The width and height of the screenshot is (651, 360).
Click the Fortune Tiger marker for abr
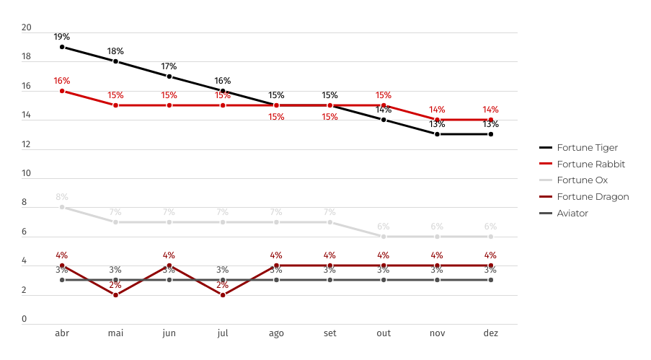62,47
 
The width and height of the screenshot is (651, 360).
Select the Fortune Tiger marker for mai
115,61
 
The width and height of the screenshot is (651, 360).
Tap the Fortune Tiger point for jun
169,76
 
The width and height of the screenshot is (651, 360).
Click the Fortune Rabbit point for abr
62,91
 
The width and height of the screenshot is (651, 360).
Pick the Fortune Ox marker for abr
62,207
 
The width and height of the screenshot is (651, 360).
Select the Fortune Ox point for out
384,237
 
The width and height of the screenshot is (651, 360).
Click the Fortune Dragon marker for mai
115,295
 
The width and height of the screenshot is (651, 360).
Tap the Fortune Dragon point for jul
223,295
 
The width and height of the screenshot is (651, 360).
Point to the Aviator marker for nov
437,280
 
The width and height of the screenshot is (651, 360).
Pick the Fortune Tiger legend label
586,148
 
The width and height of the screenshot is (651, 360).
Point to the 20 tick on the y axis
27,28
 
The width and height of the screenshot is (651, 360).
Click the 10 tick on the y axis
27,174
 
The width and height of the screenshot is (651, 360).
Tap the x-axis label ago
276,334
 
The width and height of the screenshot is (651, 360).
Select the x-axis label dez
490,334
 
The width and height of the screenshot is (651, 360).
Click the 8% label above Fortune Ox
62,197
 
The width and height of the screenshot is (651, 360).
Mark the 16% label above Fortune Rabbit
62,81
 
